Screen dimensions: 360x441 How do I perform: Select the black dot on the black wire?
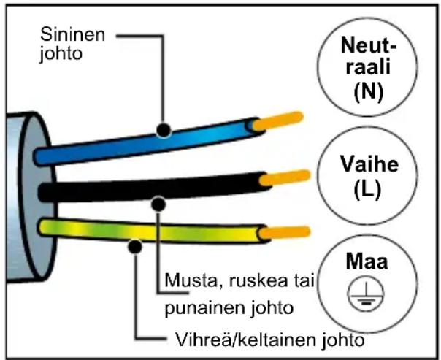pyautogui.click(x=156, y=202)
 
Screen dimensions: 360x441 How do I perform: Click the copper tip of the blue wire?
pyautogui.click(x=281, y=120)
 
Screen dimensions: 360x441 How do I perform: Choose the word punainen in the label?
pyautogui.click(x=196, y=307)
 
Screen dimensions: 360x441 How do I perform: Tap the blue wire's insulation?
pyautogui.click(x=110, y=143)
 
